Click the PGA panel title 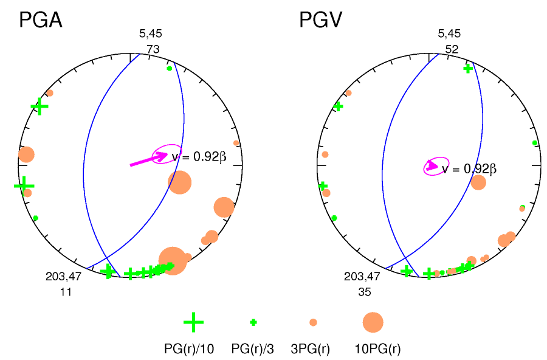[41, 21]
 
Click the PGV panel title [320, 21]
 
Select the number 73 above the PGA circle [153, 49]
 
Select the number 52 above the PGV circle [452, 49]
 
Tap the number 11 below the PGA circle [66, 292]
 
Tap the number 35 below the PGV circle [364, 292]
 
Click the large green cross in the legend [193, 322]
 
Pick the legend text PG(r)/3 [253, 349]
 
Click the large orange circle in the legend [373, 322]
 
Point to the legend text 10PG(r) [377, 349]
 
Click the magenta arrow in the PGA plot [149, 159]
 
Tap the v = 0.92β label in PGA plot [199, 157]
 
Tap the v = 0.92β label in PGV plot [469, 169]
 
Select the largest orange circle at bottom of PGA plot [173, 261]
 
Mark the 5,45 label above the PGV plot [449, 34]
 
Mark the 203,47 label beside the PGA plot [63, 277]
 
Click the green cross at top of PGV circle [467, 69]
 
